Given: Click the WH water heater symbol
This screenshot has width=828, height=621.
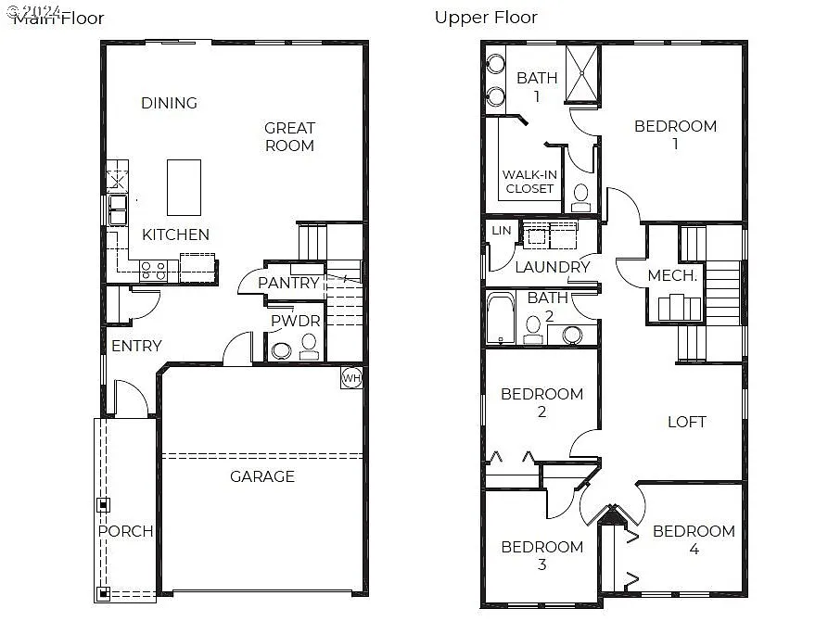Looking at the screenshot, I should click(350, 378).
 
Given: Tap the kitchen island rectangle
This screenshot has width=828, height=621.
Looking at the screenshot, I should click(184, 187).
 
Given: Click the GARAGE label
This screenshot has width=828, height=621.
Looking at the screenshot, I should click(262, 476).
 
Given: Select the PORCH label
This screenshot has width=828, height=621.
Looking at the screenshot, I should click(126, 531).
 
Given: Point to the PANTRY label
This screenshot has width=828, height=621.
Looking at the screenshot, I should click(288, 283).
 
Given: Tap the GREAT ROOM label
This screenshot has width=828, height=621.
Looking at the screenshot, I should click(289, 136).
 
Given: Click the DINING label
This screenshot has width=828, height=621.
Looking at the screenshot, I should click(169, 103).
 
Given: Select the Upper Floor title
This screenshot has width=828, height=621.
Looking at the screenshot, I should click(486, 17).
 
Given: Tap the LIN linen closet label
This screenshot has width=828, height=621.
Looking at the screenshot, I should click(501, 231).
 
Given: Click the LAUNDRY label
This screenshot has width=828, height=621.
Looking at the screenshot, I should click(553, 267).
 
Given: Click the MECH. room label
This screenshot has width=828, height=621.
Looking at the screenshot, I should click(672, 275).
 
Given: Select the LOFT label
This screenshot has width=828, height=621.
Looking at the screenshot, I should click(687, 422).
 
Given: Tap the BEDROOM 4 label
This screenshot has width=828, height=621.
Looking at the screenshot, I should click(694, 539).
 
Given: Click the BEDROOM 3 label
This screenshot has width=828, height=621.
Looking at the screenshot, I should click(541, 555).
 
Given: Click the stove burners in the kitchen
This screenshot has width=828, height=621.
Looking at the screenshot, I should click(154, 270).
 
